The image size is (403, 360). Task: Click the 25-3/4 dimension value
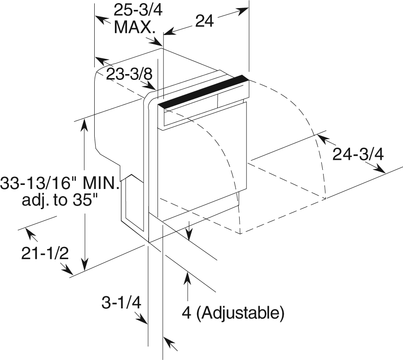(x=138, y=10)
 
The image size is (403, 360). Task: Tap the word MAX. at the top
(x=135, y=27)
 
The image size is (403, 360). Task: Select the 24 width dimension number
(x=205, y=21)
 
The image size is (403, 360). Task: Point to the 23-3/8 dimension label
(x=130, y=74)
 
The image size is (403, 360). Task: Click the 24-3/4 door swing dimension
(x=358, y=154)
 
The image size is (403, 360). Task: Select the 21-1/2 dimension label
(x=45, y=253)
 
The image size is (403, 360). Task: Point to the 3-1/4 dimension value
(x=122, y=303)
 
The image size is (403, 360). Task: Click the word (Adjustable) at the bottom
(x=240, y=313)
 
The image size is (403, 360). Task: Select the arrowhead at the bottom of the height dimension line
(x=84, y=265)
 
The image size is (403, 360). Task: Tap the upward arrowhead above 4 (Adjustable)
(x=188, y=277)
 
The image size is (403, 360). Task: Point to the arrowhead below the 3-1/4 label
(x=142, y=319)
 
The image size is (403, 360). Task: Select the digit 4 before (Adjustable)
(x=187, y=313)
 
